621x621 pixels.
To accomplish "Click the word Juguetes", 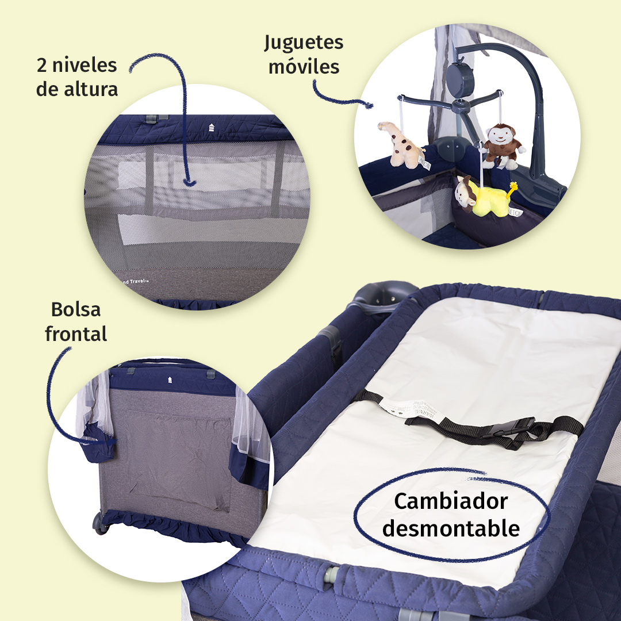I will (304, 43).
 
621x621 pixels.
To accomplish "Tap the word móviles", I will (304, 67).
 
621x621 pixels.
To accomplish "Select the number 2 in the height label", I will (42, 65).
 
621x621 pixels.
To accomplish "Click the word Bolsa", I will (76, 309).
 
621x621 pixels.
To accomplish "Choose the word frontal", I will (76, 333).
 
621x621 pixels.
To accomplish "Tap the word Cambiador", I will (451, 501).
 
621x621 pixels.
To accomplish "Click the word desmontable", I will (451, 528).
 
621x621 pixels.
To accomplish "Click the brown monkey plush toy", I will (501, 145).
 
